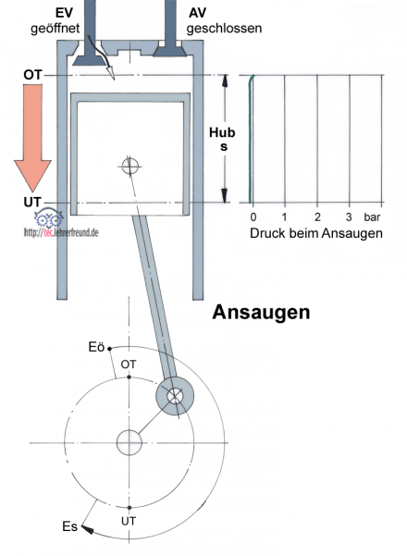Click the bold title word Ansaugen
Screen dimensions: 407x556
(x=261, y=313)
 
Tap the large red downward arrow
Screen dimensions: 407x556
(x=32, y=138)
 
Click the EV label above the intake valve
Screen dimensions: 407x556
(x=64, y=13)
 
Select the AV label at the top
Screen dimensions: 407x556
(x=197, y=13)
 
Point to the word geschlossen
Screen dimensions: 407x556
(x=224, y=29)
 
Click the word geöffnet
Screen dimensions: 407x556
(x=55, y=29)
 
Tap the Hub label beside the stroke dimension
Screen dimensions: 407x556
(x=222, y=132)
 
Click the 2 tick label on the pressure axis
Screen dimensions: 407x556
(x=317, y=216)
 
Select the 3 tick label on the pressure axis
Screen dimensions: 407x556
(x=349, y=216)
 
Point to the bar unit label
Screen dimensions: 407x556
(x=372, y=216)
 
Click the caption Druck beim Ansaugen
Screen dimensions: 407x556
(x=316, y=233)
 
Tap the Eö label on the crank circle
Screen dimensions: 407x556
(x=96, y=347)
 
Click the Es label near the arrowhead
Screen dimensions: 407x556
(x=69, y=526)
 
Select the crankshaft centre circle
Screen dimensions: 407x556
(x=129, y=442)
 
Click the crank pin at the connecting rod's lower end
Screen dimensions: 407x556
(x=175, y=396)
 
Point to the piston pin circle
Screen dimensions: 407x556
(x=129, y=166)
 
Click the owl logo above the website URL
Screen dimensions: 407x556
(x=49, y=218)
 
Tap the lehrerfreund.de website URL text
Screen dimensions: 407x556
(x=61, y=232)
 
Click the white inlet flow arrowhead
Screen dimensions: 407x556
(x=110, y=72)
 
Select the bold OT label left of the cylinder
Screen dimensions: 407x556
(x=32, y=75)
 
